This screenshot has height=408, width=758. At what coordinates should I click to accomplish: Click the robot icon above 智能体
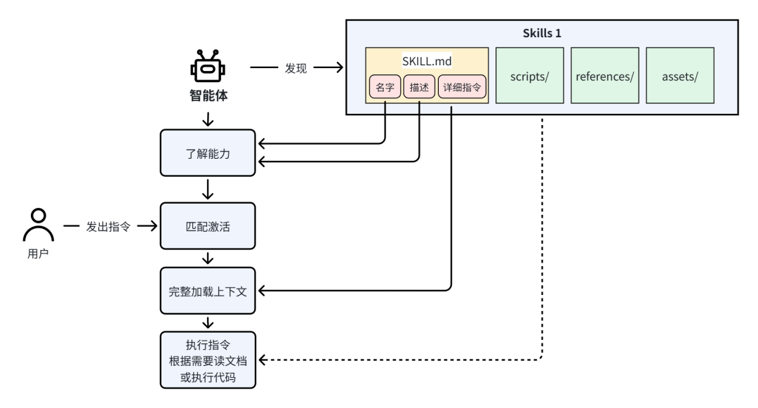pyautogui.click(x=207, y=67)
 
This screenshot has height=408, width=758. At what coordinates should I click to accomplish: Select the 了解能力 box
pyautogui.click(x=207, y=152)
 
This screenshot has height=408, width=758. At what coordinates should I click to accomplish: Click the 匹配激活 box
pyautogui.click(x=207, y=225)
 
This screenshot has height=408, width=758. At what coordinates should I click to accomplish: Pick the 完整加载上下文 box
pyautogui.click(x=207, y=290)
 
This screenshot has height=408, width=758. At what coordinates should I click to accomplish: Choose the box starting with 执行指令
pyautogui.click(x=207, y=359)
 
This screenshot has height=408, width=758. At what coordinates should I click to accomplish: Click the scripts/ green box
pyautogui.click(x=530, y=76)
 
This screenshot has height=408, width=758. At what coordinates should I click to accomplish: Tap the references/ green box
pyautogui.click(x=604, y=76)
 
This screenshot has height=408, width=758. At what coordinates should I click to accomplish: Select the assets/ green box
pyautogui.click(x=679, y=76)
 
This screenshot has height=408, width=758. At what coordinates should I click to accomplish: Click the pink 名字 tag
pyautogui.click(x=385, y=90)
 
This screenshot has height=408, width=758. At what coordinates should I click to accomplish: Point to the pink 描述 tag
pyautogui.click(x=419, y=90)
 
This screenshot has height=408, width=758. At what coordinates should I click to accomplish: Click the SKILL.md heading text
pyautogui.click(x=427, y=61)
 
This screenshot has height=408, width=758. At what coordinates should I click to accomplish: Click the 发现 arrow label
pyautogui.click(x=295, y=67)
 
